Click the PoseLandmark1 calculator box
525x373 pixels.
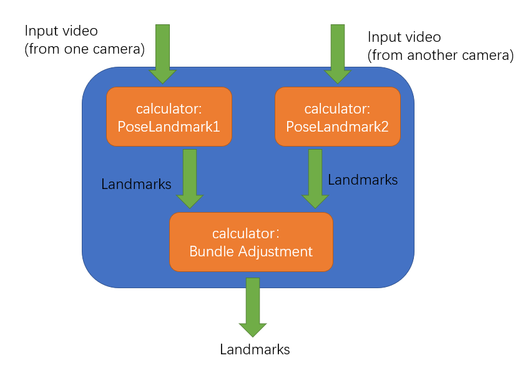click(x=169, y=117)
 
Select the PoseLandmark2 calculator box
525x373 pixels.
click(x=338, y=117)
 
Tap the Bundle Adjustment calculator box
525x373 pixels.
click(x=251, y=242)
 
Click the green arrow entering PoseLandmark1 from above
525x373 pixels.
click(x=162, y=54)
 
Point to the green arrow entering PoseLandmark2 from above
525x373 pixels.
click(x=338, y=54)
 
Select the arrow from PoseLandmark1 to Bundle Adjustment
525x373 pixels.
click(x=190, y=178)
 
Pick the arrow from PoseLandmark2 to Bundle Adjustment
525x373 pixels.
click(x=315, y=178)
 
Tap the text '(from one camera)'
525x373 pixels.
click(x=84, y=50)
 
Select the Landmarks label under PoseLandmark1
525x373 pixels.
click(x=136, y=185)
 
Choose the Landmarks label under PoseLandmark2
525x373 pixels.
click(x=363, y=180)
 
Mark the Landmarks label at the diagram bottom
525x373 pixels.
click(x=255, y=349)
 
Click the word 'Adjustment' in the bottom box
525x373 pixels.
click(x=275, y=252)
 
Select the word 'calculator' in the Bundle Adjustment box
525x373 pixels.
click(x=243, y=234)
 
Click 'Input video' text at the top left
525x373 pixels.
click(x=61, y=31)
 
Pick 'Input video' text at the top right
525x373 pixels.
click(x=405, y=37)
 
